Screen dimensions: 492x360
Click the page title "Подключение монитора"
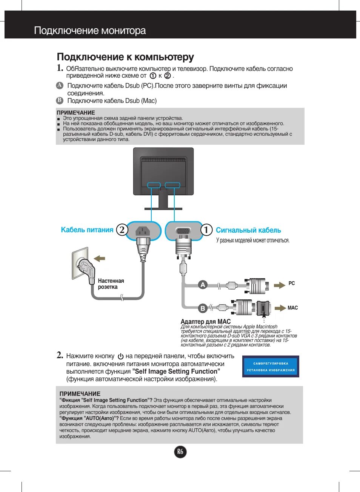90,31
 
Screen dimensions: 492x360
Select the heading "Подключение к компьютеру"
125,57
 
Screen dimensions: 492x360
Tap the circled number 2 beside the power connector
122,230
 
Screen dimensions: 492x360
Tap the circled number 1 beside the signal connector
206,230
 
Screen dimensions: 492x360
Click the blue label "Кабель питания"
87,230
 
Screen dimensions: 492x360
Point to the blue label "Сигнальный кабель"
248,230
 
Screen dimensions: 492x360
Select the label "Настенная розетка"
111,284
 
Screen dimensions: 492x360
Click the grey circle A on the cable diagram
203,285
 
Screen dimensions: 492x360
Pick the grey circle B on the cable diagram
203,308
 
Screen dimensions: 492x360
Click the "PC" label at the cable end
292,283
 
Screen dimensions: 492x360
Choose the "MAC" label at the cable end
292,308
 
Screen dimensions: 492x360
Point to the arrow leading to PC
279,285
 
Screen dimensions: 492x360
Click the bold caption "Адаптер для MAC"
205,322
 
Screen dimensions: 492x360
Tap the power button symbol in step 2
121,356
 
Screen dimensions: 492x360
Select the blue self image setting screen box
271,366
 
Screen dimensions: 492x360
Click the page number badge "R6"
180,452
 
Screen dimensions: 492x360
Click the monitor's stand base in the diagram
163,208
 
